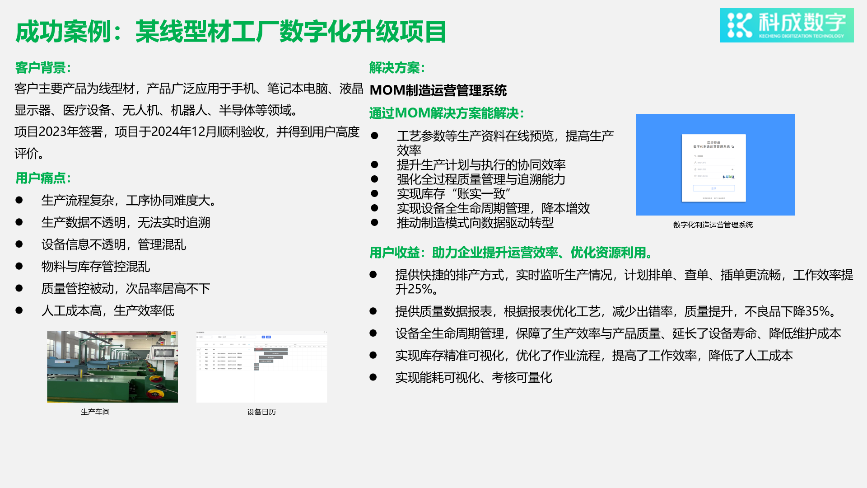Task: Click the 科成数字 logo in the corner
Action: pos(787,25)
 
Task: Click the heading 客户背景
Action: pos(43,68)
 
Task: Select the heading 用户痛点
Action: pos(43,178)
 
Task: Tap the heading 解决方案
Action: pos(397,68)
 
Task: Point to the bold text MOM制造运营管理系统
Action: pos(438,90)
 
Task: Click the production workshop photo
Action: pos(112,366)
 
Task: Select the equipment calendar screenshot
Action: pos(261,366)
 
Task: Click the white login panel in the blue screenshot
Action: pos(713,168)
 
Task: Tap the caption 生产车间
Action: pos(95,412)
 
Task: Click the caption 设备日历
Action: pos(261,412)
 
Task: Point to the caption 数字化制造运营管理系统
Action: pos(713,225)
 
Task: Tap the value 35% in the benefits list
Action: pos(817,311)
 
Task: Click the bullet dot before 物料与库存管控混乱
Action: pos(19,266)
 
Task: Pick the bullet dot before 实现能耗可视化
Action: pos(373,377)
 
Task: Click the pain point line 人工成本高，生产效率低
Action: pos(107,310)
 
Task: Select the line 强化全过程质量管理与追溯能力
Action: pos(481,179)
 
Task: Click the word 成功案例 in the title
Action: pos(63,32)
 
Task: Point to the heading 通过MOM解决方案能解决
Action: pos(446,113)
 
